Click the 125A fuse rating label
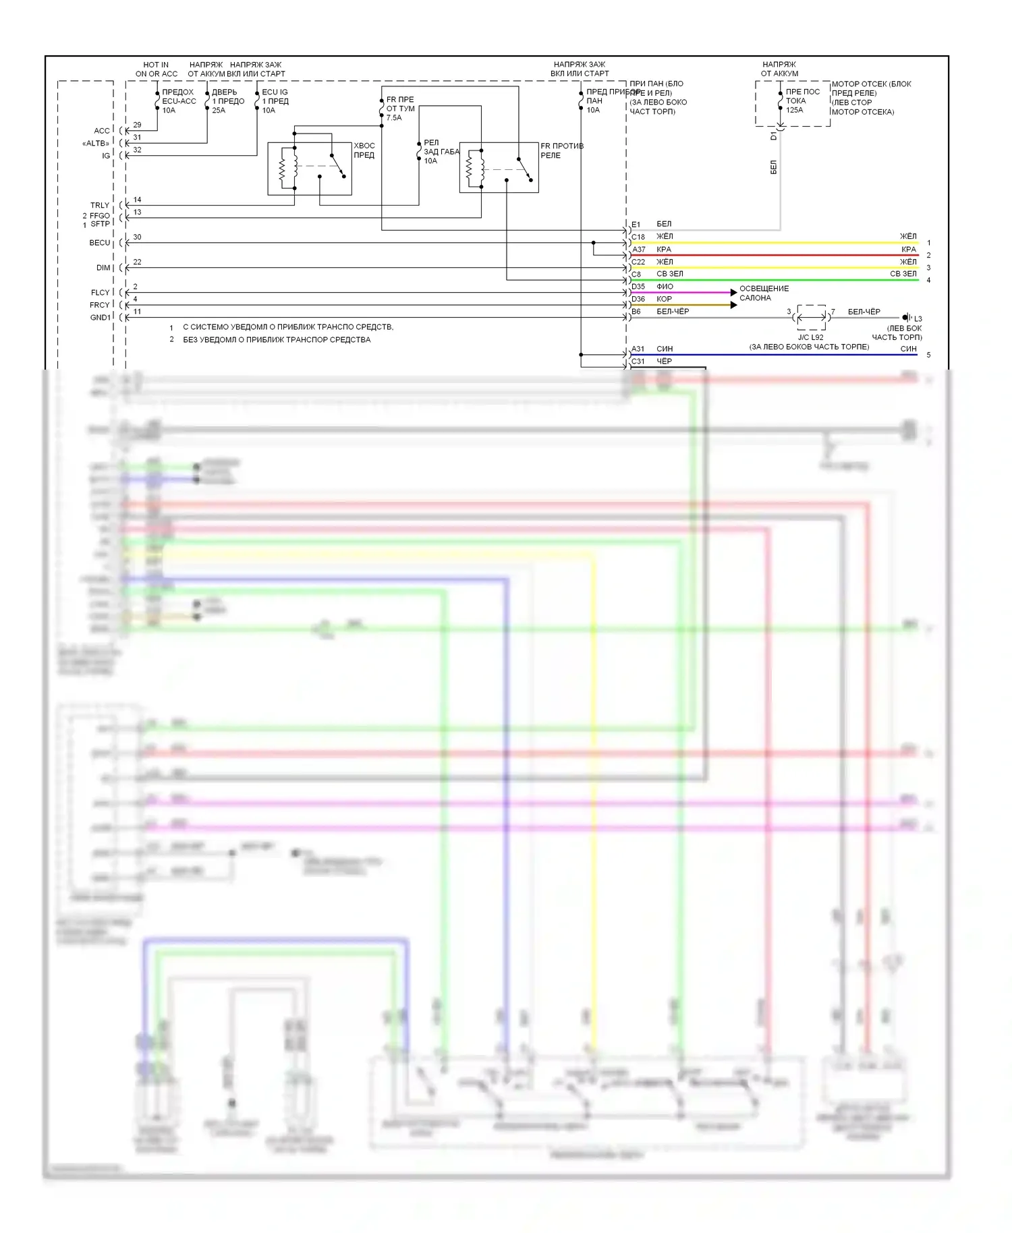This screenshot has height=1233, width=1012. (794, 110)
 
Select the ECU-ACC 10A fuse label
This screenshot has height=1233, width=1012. (179, 101)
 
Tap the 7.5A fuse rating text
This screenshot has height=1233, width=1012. (393, 118)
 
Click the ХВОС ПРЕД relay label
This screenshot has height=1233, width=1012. (364, 150)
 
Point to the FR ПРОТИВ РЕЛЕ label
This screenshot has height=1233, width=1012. (561, 150)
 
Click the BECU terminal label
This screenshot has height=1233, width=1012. (99, 243)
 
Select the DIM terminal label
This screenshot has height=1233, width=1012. (103, 268)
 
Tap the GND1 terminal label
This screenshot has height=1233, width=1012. (100, 318)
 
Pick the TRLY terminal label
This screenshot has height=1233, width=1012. (100, 206)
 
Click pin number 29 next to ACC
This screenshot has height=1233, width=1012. (137, 125)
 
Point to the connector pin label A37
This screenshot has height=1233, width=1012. (638, 250)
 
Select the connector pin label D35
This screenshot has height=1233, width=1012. (638, 287)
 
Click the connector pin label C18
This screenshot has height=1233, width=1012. (638, 237)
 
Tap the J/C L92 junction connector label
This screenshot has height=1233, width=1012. (810, 337)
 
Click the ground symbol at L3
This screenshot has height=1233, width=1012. (906, 317)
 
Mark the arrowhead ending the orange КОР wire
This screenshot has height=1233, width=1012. (734, 305)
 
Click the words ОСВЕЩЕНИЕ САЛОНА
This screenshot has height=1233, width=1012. (764, 293)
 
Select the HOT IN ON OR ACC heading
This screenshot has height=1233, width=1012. (156, 69)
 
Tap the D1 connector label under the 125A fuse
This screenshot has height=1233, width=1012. (774, 136)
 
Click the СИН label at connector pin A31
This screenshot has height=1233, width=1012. (665, 349)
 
